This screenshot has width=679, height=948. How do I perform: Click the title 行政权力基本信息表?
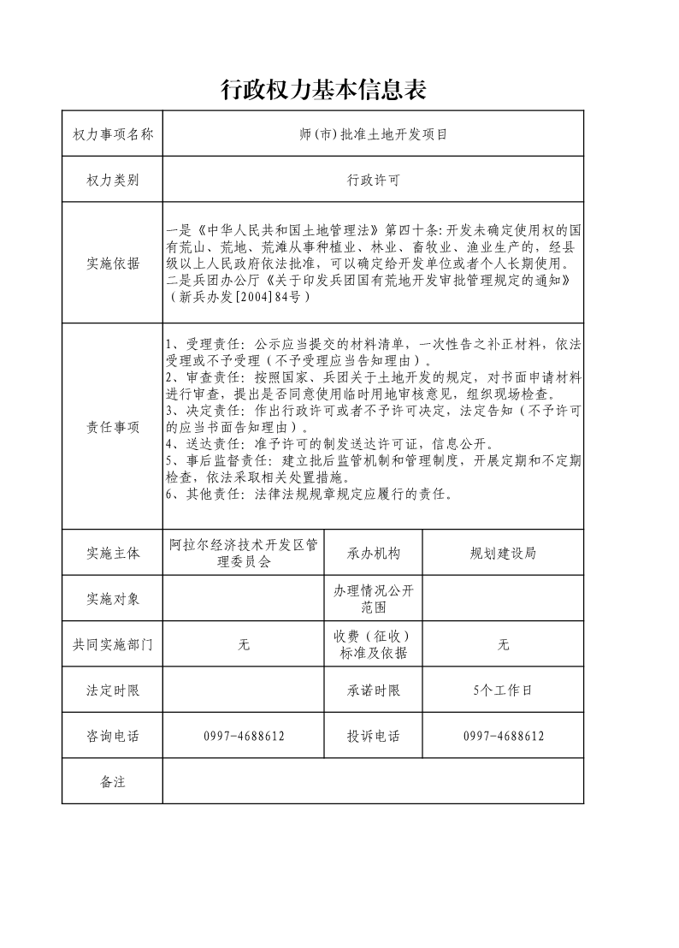323,89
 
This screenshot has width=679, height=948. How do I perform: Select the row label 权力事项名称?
113,134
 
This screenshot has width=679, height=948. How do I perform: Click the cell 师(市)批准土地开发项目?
373,134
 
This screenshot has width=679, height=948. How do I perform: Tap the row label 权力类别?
113,181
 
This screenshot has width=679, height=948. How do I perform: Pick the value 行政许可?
373,181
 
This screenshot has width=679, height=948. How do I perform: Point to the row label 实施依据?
113,264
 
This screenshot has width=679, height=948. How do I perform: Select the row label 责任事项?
113,427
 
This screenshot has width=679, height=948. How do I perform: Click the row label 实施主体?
113,553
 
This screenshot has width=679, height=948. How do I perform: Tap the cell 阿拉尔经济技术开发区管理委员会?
244,553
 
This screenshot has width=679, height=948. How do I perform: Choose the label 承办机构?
374,553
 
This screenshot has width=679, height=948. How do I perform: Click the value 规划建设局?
503,553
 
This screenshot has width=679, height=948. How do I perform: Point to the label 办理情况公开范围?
374,598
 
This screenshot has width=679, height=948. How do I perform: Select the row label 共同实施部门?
113,644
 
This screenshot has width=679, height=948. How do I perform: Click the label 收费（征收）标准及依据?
374,644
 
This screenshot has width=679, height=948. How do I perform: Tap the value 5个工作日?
503,690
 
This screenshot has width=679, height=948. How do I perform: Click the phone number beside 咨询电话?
244,736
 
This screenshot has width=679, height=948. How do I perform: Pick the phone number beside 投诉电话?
503,736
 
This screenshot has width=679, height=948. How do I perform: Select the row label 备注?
113,781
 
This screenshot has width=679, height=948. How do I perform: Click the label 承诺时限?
374,690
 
